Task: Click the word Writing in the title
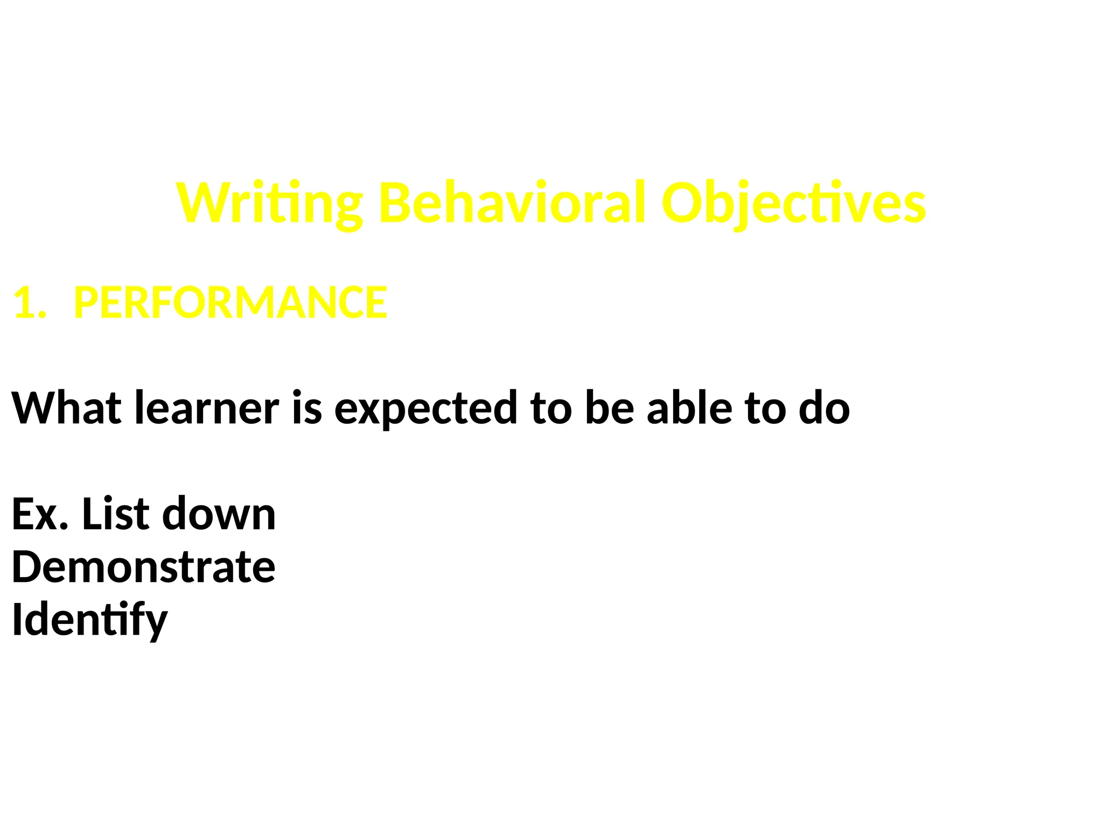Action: pos(269,204)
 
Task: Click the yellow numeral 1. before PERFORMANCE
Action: pos(30,303)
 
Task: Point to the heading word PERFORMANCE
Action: pos(230,303)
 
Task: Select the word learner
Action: pos(207,408)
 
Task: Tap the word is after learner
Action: pos(307,408)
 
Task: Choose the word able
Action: pos(689,408)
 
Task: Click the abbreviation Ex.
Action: pos(40,514)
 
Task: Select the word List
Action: pos(115,514)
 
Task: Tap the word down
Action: pos(219,514)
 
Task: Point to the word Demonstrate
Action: pos(143,567)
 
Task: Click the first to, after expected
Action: pos(550,408)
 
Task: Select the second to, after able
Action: pos(765,408)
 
